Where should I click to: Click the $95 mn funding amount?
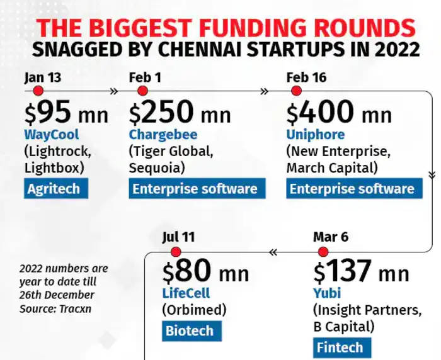66,113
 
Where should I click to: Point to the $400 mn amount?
339,113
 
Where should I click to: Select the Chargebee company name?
163,135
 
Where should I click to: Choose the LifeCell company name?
185,293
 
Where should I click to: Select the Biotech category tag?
189,330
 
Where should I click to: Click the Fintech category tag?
340,347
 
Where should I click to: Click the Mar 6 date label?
331,237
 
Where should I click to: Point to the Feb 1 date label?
146,77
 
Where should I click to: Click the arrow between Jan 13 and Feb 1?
113,91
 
